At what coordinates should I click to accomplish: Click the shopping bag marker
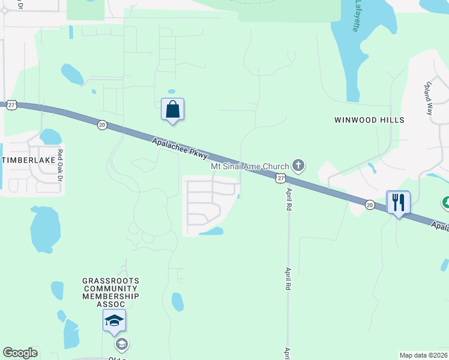click(172, 110)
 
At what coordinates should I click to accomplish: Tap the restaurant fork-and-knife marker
click(398, 203)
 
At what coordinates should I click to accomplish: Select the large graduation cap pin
click(114, 321)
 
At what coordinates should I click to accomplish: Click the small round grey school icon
click(121, 344)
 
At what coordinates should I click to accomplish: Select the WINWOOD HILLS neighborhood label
click(369, 120)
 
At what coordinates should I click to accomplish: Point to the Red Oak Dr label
click(59, 163)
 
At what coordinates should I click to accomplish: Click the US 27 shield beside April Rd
click(280, 178)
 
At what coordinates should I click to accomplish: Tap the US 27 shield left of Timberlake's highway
click(11, 105)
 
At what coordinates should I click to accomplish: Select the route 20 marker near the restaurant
click(370, 205)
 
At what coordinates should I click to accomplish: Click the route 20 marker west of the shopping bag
click(102, 125)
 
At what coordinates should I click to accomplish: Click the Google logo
click(20, 353)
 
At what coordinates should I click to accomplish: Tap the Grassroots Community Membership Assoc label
click(111, 292)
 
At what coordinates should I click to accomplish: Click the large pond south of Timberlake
click(45, 230)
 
